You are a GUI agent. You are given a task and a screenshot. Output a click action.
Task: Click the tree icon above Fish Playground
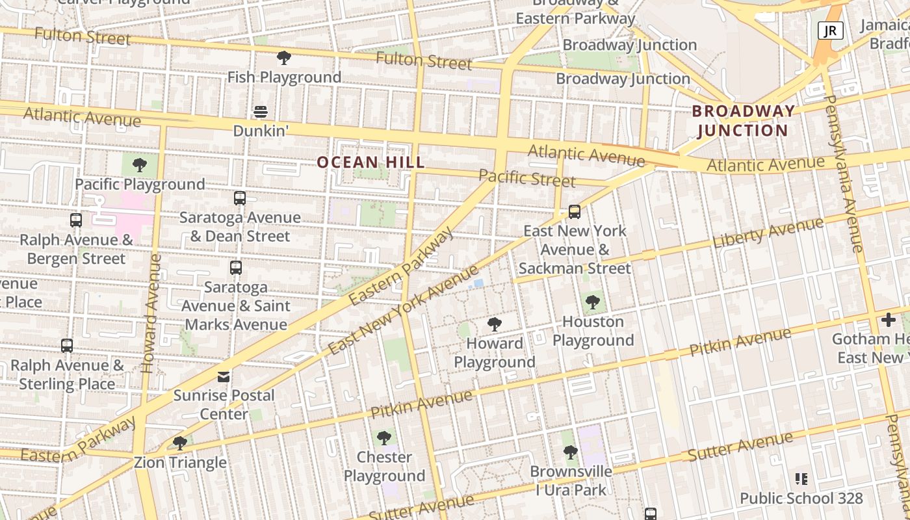(x=283, y=58)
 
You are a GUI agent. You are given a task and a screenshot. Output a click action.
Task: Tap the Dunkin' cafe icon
(x=261, y=112)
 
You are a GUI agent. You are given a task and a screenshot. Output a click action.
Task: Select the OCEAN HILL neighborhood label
(x=370, y=162)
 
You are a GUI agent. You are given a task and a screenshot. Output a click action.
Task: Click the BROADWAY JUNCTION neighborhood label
(x=743, y=120)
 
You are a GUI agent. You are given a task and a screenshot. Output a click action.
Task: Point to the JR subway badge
(x=830, y=30)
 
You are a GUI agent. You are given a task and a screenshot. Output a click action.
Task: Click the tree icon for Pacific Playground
(x=139, y=165)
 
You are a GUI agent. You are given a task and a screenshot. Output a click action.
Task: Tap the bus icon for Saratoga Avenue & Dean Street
(x=240, y=198)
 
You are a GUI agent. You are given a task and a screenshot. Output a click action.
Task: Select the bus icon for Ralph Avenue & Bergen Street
(x=76, y=220)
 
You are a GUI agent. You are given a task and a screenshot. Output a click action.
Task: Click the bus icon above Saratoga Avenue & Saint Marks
(x=236, y=267)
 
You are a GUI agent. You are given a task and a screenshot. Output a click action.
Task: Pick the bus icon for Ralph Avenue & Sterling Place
(x=67, y=346)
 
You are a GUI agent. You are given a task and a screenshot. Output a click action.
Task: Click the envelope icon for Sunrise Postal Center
(x=224, y=376)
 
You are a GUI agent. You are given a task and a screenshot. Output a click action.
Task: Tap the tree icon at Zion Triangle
(x=180, y=443)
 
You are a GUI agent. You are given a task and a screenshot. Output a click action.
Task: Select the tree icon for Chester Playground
(x=384, y=437)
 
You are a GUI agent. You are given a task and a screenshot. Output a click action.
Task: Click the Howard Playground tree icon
(x=495, y=324)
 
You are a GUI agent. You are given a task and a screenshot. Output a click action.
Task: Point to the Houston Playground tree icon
(x=592, y=302)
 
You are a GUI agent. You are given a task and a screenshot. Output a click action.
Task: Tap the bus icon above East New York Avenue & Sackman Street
(x=574, y=211)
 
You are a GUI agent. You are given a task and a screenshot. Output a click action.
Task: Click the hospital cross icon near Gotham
(x=888, y=319)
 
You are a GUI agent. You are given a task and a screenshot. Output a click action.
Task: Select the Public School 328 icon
(x=801, y=479)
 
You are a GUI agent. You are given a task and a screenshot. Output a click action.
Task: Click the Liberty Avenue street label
(x=768, y=233)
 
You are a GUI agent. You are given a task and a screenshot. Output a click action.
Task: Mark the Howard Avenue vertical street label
(x=151, y=313)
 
